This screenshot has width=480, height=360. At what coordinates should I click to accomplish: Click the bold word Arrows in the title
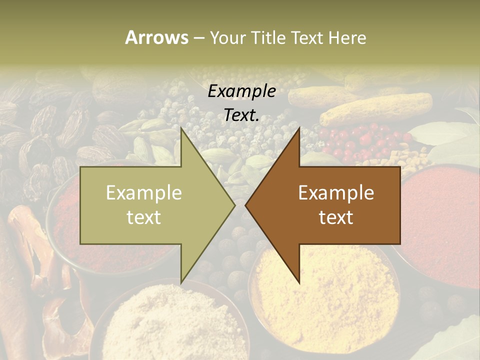157,37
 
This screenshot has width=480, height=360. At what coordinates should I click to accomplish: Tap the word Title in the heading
269,37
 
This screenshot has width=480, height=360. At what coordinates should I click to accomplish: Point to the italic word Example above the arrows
242,91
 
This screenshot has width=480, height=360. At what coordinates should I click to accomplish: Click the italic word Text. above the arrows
242,115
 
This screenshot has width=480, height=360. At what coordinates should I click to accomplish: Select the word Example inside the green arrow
144,192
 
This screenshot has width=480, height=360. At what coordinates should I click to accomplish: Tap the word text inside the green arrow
144,217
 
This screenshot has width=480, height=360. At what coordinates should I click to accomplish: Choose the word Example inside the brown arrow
336,192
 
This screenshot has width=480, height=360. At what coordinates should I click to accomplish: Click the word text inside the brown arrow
336,217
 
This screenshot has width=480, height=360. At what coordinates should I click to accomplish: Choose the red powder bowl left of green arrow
65,225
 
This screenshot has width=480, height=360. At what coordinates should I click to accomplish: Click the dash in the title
198,38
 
